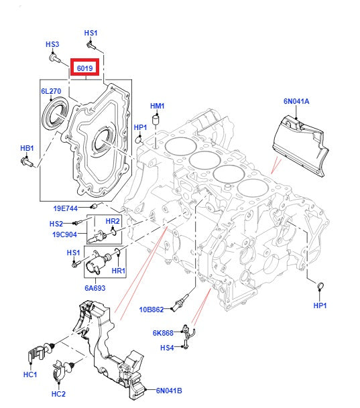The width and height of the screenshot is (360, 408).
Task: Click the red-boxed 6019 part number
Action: [85, 68]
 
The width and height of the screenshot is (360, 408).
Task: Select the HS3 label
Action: [52, 44]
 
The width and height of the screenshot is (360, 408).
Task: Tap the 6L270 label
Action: [51, 90]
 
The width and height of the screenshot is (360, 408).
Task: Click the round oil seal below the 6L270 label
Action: [54, 113]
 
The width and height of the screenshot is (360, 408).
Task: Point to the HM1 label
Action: [157, 106]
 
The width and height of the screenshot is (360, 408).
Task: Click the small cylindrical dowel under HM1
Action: [157, 120]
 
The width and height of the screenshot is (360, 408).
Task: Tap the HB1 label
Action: [26, 147]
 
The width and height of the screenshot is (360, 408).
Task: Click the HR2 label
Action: [113, 221]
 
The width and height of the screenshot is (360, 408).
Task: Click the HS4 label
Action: [167, 347]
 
